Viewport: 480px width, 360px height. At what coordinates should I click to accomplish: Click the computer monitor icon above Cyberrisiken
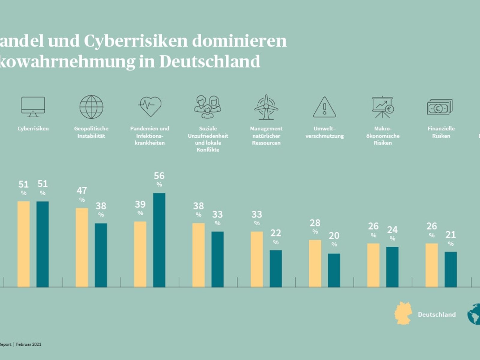pyautogui.click(x=33, y=106)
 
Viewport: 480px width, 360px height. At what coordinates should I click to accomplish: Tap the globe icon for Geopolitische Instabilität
pyautogui.click(x=91, y=107)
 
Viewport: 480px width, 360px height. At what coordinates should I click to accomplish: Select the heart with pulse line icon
pyautogui.click(x=150, y=106)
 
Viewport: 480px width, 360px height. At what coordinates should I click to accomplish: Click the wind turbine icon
pyautogui.click(x=266, y=107)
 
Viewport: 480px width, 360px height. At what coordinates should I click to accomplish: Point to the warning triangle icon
pyautogui.click(x=324, y=107)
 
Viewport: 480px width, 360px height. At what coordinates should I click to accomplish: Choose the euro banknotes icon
pyautogui.click(x=439, y=107)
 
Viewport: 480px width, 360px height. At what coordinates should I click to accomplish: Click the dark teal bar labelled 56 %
pyautogui.click(x=159, y=240)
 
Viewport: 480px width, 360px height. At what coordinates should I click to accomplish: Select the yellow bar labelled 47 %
pyautogui.click(x=82, y=247)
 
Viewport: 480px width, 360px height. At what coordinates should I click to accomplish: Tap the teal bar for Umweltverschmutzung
pyautogui.click(x=334, y=270)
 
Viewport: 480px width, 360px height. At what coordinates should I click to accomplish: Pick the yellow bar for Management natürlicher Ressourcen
pyautogui.click(x=257, y=259)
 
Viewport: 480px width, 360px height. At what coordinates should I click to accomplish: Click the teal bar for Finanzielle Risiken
pyautogui.click(x=451, y=269)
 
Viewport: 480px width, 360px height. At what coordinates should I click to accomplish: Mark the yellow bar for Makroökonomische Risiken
pyautogui.click(x=373, y=265)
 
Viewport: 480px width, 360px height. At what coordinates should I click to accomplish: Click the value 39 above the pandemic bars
pyautogui.click(x=140, y=205)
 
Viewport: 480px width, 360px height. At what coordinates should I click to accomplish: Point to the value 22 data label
pyautogui.click(x=276, y=233)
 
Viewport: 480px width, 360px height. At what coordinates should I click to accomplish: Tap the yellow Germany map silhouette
pyautogui.click(x=403, y=313)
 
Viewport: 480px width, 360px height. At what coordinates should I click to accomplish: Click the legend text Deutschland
pyautogui.click(x=437, y=314)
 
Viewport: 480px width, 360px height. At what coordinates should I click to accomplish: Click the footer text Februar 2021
pyautogui.click(x=29, y=344)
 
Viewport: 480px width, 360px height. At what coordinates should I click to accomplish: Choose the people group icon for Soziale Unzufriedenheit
pyautogui.click(x=208, y=107)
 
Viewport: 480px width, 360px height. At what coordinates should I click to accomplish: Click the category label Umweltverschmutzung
pyautogui.click(x=325, y=132)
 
